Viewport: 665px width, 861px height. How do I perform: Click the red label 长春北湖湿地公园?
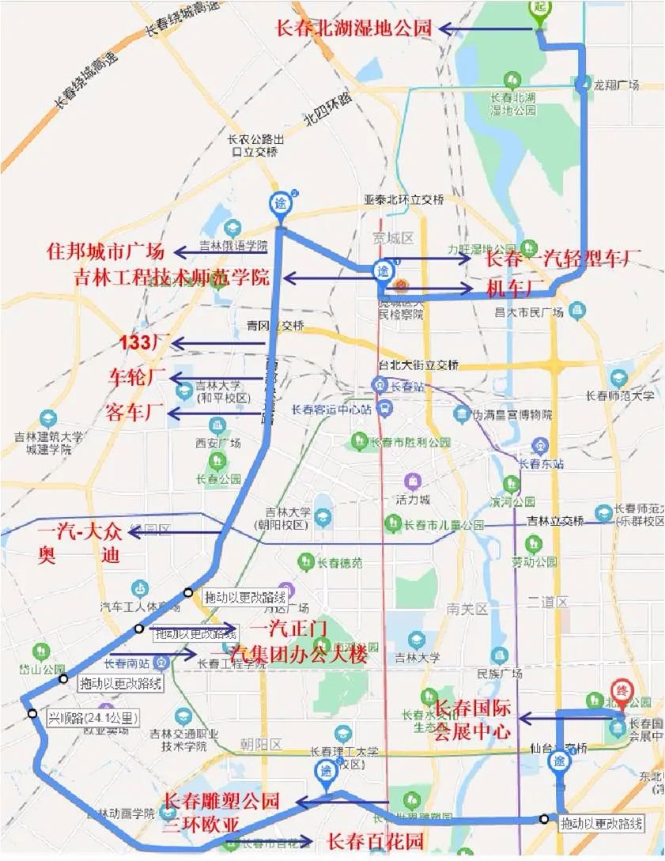click(353, 28)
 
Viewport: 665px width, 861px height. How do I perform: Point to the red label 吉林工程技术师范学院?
click(172, 278)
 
